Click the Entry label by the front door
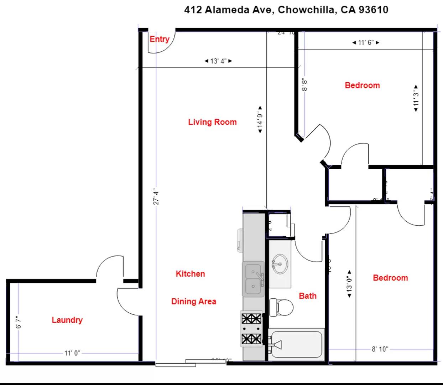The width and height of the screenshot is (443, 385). click(x=159, y=39)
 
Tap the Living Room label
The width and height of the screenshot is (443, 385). click(x=212, y=122)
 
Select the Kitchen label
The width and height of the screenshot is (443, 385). click(x=190, y=274)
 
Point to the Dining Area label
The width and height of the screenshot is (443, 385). click(x=193, y=301)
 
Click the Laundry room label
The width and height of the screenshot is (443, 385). click(x=67, y=320)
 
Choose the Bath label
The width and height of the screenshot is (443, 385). click(x=307, y=296)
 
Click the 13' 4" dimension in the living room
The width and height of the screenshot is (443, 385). click(x=218, y=61)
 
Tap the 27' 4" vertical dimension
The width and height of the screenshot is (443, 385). click(x=156, y=197)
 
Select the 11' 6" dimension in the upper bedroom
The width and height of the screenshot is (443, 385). click(x=366, y=42)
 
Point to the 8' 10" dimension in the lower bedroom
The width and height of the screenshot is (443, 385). click(x=380, y=349)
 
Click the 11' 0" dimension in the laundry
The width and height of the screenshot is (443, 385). click(x=72, y=353)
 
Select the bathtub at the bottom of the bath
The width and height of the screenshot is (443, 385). click(x=296, y=344)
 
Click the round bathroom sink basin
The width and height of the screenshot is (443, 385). click(x=280, y=264)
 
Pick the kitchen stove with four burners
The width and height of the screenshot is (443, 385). click(x=251, y=329)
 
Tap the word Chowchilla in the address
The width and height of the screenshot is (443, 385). click(x=307, y=10)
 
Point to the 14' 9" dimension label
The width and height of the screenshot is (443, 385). click(x=260, y=120)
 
